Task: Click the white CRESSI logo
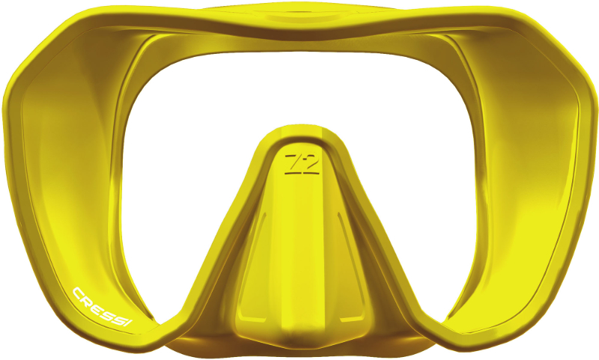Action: pyautogui.click(x=103, y=308)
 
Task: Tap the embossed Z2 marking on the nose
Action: pyautogui.click(x=302, y=164)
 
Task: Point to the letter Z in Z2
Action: pyautogui.click(x=293, y=162)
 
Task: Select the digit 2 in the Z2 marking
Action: pyautogui.click(x=311, y=162)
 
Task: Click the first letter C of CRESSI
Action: pyautogui.click(x=79, y=293)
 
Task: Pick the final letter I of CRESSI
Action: pyautogui.click(x=129, y=323)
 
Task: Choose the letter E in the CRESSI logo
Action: pyautogui.click(x=97, y=306)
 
